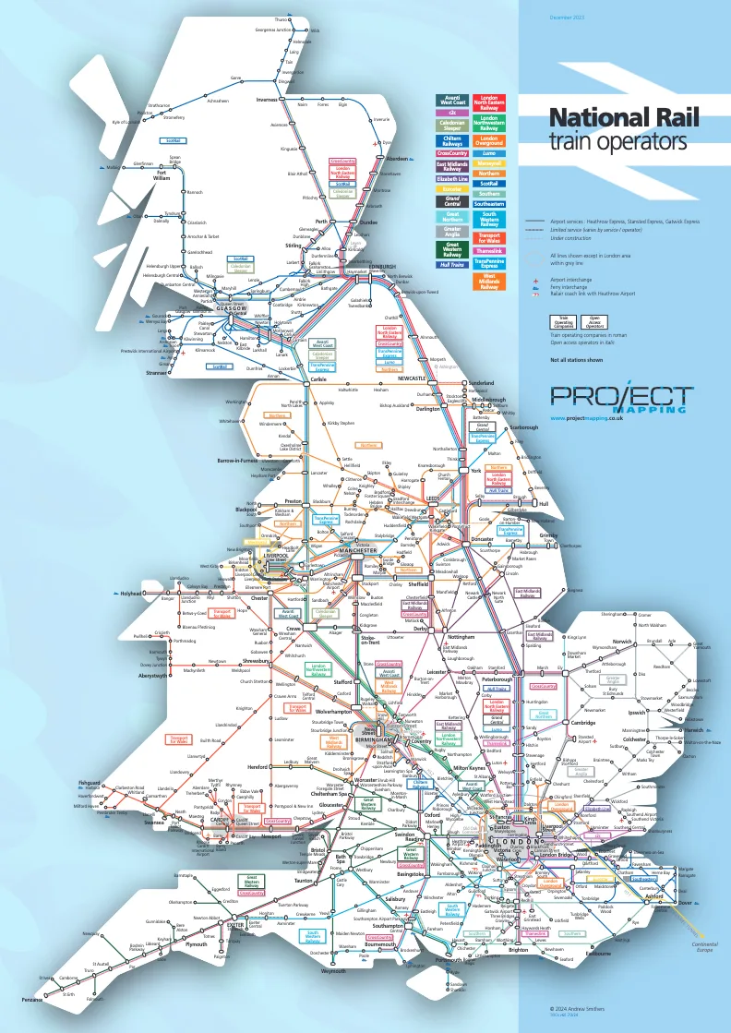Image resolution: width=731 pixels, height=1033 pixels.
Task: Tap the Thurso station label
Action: click(282, 19)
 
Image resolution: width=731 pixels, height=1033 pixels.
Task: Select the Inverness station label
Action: click(267, 100)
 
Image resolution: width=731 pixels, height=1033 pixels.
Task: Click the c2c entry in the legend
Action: click(452, 113)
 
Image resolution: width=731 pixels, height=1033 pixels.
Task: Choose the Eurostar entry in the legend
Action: click(452, 188)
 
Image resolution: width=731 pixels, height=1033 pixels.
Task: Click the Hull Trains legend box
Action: click(452, 264)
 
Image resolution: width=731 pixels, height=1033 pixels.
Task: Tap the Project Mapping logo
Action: click(621, 397)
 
